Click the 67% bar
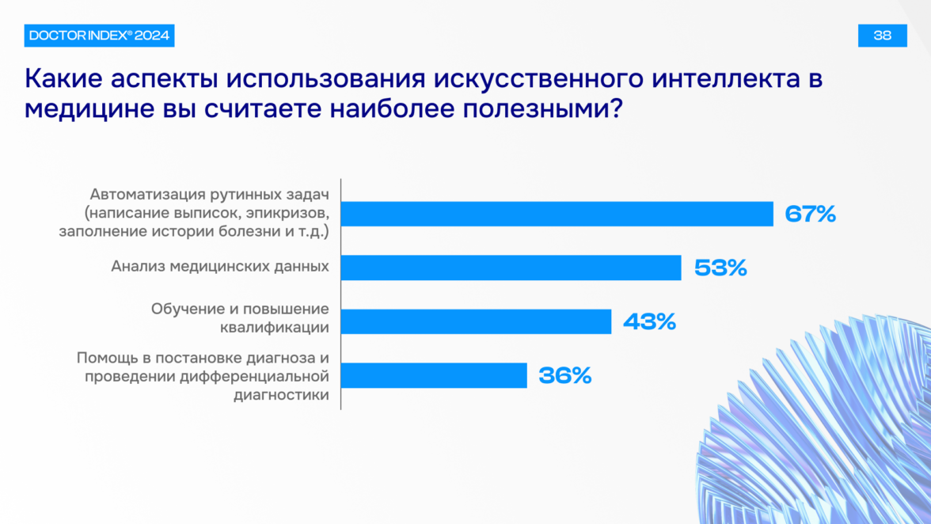pyautogui.click(x=557, y=214)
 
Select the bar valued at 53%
pyautogui.click(x=511, y=268)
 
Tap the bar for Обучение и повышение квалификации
pyautogui.click(x=477, y=321)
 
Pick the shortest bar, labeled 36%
pyautogui.click(x=434, y=376)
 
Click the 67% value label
pyautogui.click(x=811, y=214)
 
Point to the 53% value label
pyautogui.click(x=720, y=268)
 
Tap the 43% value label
pyautogui.click(x=649, y=321)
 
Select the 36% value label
pyautogui.click(x=565, y=376)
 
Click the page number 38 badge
pyautogui.click(x=882, y=36)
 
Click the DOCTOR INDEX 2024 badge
pyautogui.click(x=99, y=36)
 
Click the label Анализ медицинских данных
pyautogui.click(x=220, y=267)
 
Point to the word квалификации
pyautogui.click(x=275, y=328)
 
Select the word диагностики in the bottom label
pyautogui.click(x=282, y=395)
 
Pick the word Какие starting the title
pyautogui.click(x=63, y=79)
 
